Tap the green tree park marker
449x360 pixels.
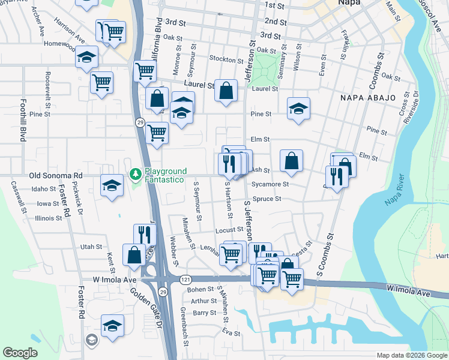coord(136,175)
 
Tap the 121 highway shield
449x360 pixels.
coord(185,280)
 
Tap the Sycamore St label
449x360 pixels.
coord(271,184)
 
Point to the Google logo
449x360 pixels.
coord(20,353)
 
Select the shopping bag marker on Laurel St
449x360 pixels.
coord(226,91)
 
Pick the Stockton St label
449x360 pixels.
coord(225,59)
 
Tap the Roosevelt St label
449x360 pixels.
coord(47,87)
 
